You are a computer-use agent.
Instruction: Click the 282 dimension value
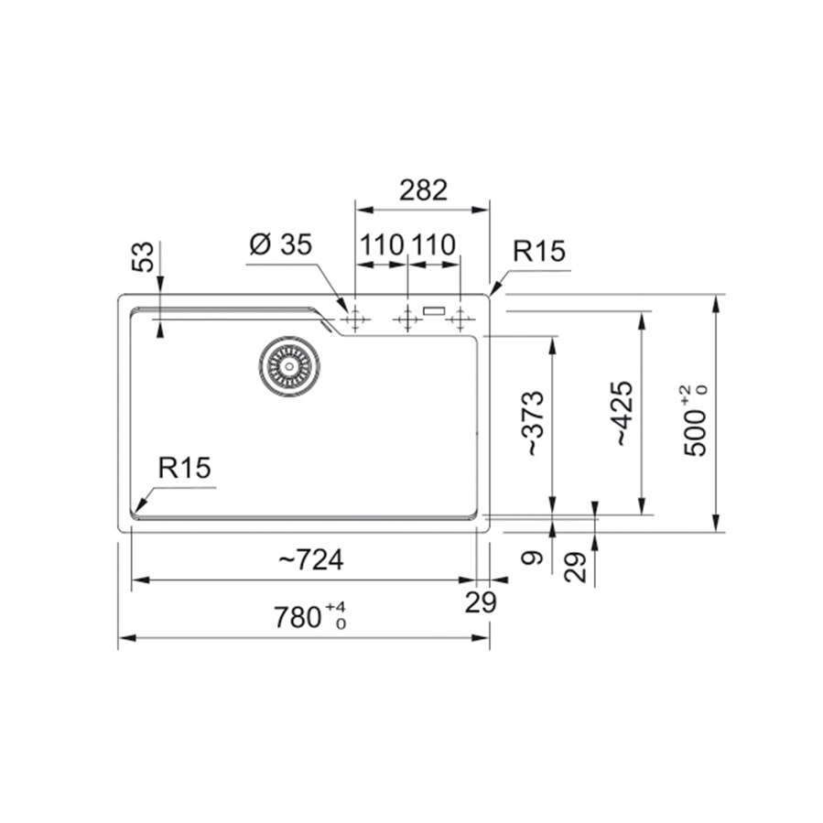tap(422, 190)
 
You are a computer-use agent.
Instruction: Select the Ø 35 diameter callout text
tap(280, 244)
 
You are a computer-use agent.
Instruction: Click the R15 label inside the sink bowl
tap(184, 468)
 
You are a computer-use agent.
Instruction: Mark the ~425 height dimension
tap(623, 413)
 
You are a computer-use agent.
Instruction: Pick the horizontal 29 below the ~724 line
tap(481, 603)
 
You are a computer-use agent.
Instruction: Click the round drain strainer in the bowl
tap(288, 365)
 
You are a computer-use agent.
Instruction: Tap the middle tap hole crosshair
tap(406, 319)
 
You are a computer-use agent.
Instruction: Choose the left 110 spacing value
tap(381, 245)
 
